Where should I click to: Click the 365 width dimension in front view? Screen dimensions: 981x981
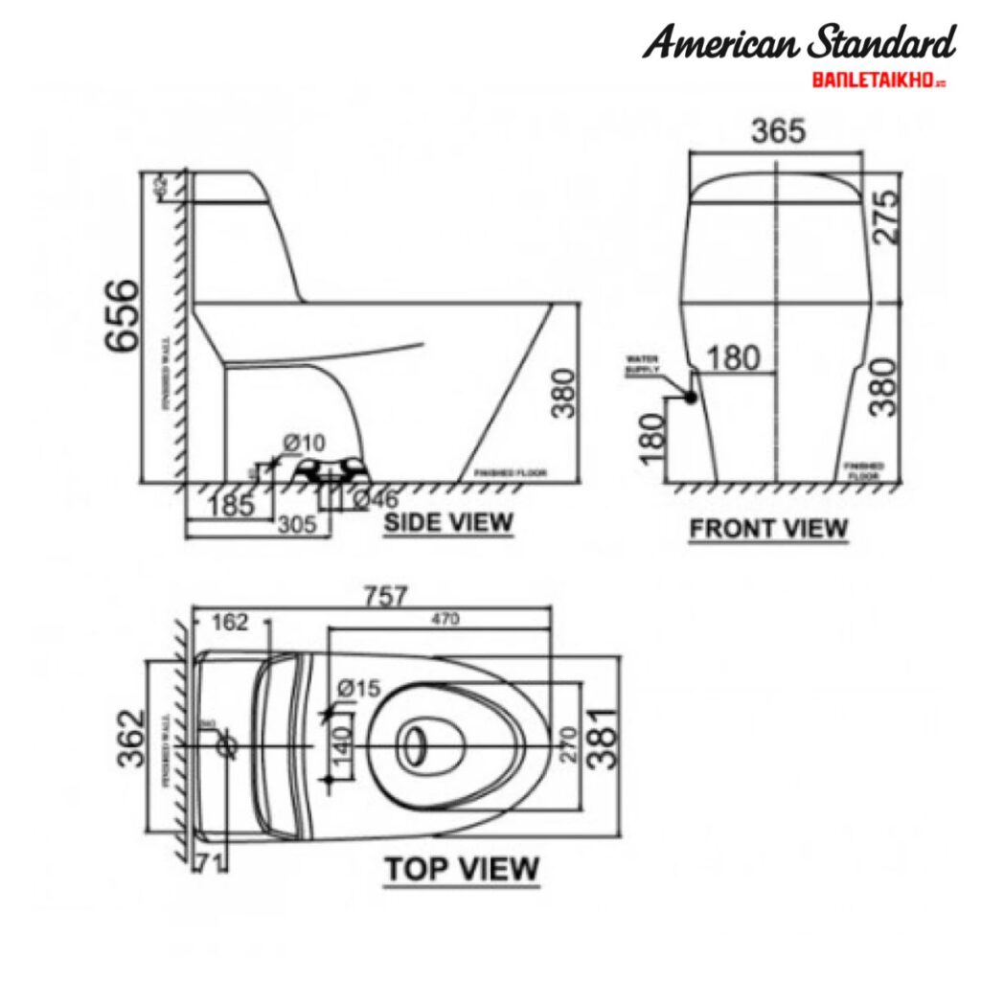pyautogui.click(x=777, y=132)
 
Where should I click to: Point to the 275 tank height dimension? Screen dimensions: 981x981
pyautogui.click(x=886, y=217)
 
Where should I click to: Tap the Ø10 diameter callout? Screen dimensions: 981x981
pyautogui.click(x=304, y=443)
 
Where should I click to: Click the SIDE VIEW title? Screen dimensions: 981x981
pyautogui.click(x=448, y=523)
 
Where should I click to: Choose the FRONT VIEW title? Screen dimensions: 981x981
pyautogui.click(x=768, y=529)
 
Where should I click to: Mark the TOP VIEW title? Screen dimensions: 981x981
pyautogui.click(x=462, y=869)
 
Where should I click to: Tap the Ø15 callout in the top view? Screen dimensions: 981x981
pyautogui.click(x=360, y=689)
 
